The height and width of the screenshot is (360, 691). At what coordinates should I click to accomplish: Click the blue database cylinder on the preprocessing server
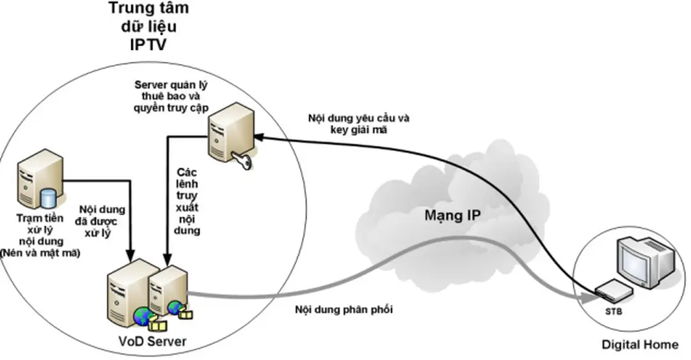47,199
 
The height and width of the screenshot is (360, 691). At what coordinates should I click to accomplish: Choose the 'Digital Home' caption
640,345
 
